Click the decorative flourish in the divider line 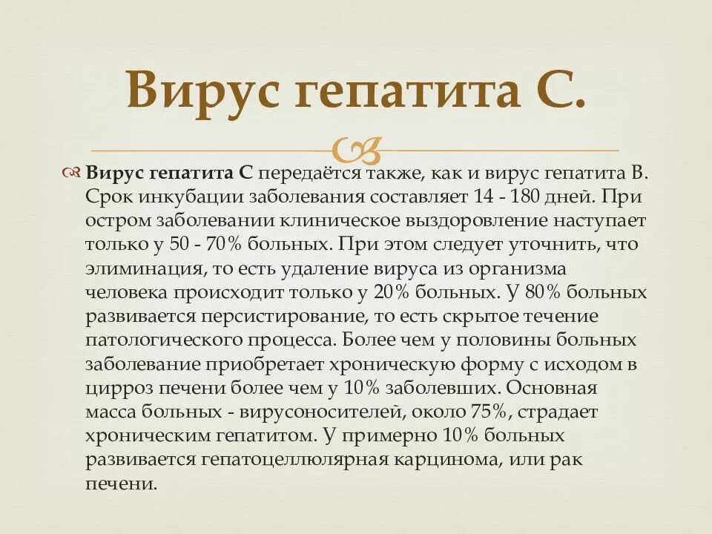357,150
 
